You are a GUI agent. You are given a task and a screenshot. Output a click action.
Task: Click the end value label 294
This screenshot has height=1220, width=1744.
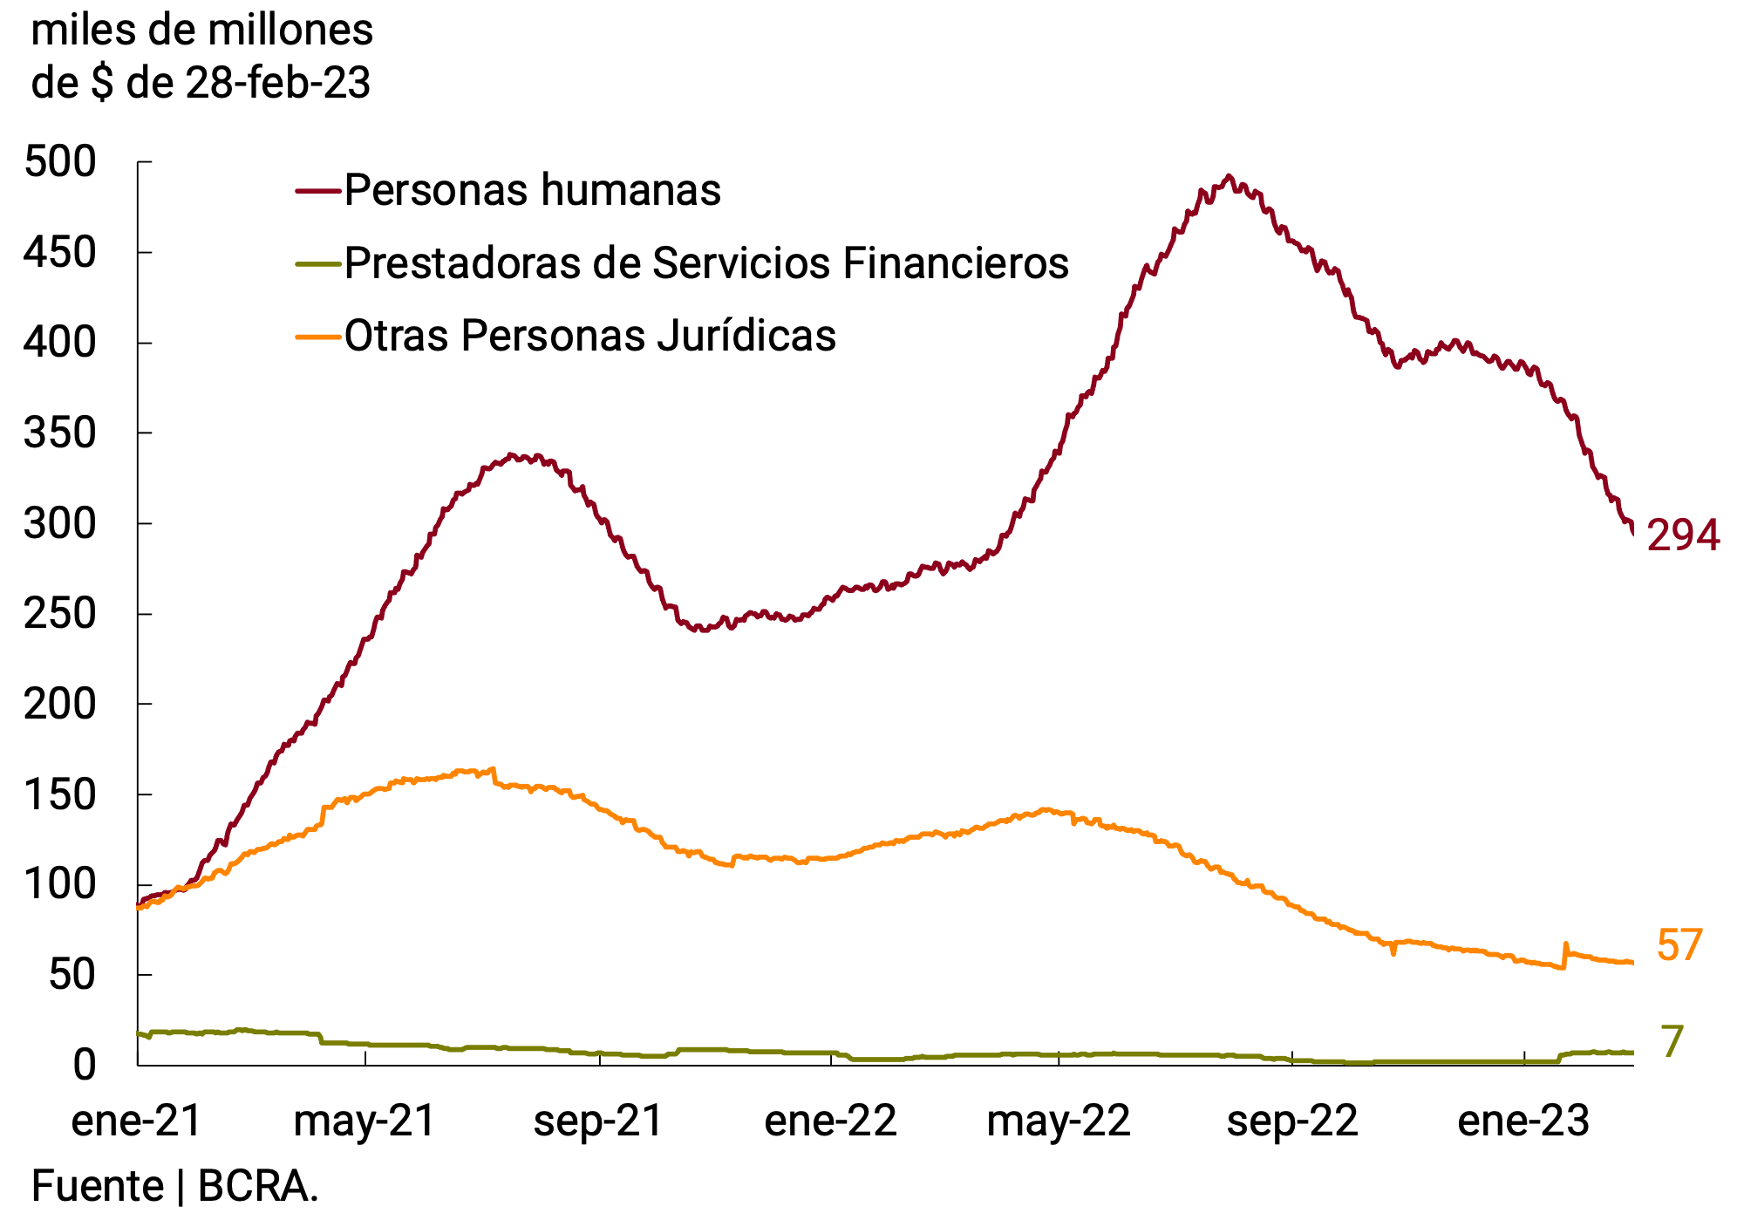pyautogui.click(x=1682, y=535)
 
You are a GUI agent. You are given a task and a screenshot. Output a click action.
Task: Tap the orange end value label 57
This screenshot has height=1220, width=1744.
pyautogui.click(x=1679, y=946)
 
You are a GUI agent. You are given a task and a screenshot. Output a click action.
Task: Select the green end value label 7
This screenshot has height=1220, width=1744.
pyautogui.click(x=1672, y=1042)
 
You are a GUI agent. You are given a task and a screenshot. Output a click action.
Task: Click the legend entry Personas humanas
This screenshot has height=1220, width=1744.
pyautogui.click(x=532, y=190)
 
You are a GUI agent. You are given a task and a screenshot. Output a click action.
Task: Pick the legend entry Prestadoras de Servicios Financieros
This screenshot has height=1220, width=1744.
pyautogui.click(x=705, y=263)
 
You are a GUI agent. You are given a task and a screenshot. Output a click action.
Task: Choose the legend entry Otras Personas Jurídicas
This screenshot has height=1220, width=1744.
pyautogui.click(x=589, y=336)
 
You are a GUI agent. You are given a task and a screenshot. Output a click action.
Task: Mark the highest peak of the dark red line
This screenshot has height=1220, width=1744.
pyautogui.click(x=1229, y=177)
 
